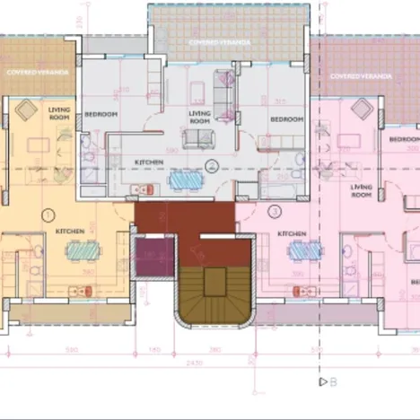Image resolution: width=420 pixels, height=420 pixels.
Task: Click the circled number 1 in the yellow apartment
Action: click(x=48, y=214)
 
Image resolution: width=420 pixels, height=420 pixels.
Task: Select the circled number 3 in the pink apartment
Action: click(x=275, y=212)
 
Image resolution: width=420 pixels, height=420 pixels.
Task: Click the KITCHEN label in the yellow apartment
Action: click(x=70, y=232)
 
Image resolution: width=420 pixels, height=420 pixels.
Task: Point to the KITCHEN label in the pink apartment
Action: click(x=292, y=233)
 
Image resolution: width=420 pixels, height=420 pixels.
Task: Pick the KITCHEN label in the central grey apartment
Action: click(x=148, y=162)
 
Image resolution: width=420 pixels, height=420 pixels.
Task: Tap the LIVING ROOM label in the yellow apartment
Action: click(x=60, y=112)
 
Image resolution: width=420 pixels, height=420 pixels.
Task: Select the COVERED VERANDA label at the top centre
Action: click(x=214, y=42)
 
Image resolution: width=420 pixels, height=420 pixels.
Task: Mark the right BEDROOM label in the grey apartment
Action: click(x=287, y=119)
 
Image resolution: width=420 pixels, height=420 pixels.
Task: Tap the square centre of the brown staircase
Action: click(x=215, y=283)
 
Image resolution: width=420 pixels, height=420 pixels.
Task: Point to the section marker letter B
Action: click(x=333, y=381)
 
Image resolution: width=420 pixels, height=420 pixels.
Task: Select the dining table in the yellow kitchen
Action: click(x=75, y=251)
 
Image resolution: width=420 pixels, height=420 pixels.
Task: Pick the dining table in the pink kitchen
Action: click(x=302, y=251)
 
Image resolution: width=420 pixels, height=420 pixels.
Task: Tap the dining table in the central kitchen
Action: click(x=185, y=178)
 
